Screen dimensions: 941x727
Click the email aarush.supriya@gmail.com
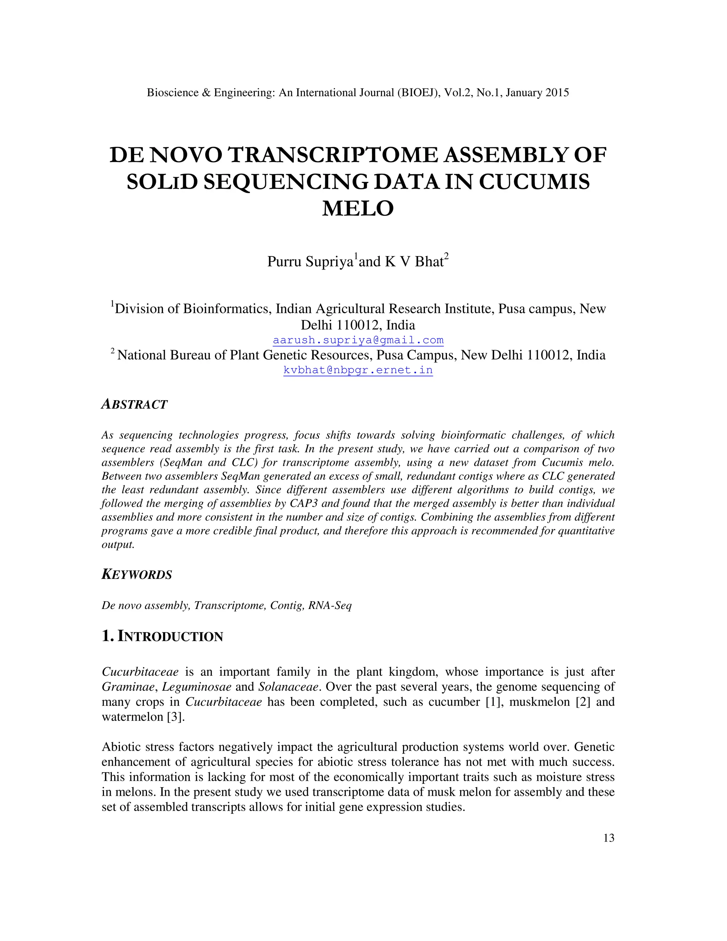pos(358,341)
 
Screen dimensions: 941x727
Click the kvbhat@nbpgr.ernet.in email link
pos(358,370)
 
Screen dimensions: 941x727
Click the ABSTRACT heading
pos(135,404)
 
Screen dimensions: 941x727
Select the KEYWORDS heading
pos(137,575)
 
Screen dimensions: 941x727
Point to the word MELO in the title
pos(358,208)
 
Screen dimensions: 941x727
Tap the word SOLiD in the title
pos(162,182)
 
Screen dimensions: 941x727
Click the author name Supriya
pos(329,262)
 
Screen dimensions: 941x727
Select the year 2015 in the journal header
pos(557,93)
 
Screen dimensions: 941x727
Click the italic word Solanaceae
pos(288,687)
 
